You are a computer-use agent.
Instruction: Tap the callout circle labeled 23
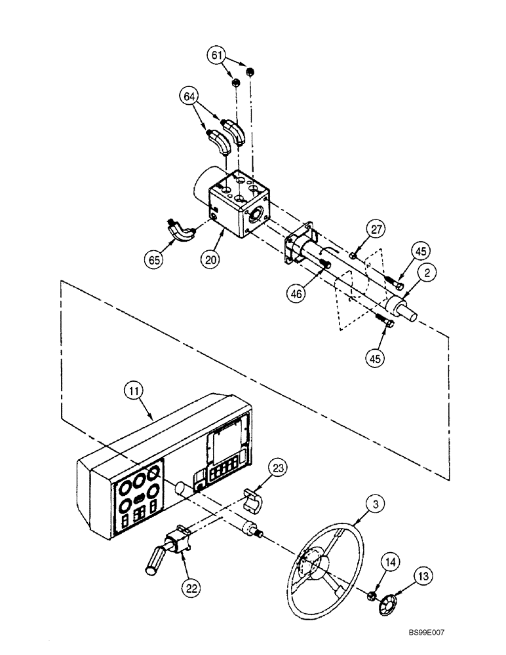pos(280,468)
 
